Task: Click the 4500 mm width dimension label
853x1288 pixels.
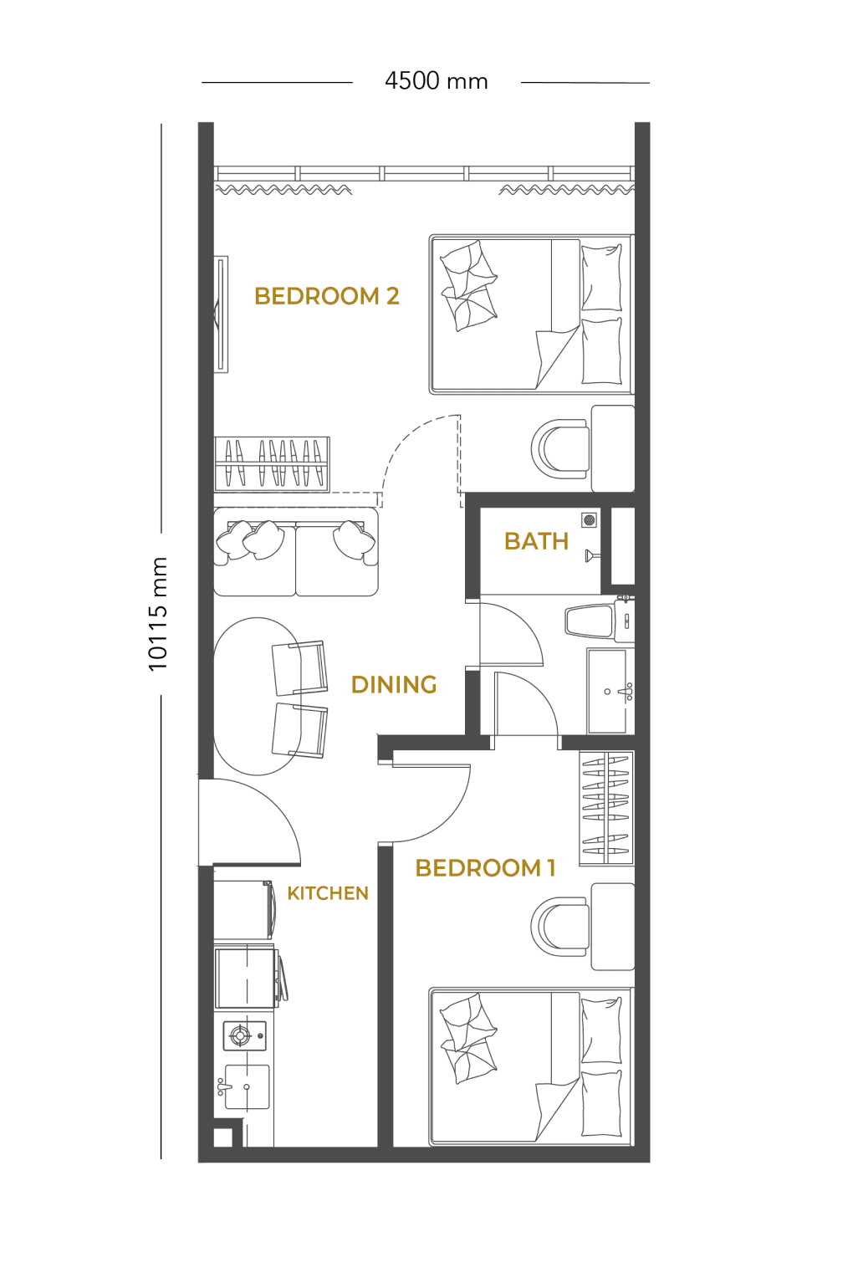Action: [x=437, y=81]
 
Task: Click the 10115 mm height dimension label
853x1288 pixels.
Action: [x=157, y=614]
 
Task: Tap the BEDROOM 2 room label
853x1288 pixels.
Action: [x=326, y=296]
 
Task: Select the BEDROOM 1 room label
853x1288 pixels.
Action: [x=485, y=868]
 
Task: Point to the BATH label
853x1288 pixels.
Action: [x=536, y=541]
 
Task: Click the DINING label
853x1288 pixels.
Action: [x=394, y=685]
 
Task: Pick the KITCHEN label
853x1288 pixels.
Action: [x=328, y=893]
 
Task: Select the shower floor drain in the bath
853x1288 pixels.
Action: [x=590, y=520]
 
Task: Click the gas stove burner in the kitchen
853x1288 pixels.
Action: [x=240, y=1036]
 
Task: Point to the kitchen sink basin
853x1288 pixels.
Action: [x=248, y=1087]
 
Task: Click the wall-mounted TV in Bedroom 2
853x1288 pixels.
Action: [x=221, y=314]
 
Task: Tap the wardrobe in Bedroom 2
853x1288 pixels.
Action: [x=272, y=464]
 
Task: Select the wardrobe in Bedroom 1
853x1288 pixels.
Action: [x=606, y=808]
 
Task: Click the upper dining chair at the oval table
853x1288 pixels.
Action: [x=299, y=668]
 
